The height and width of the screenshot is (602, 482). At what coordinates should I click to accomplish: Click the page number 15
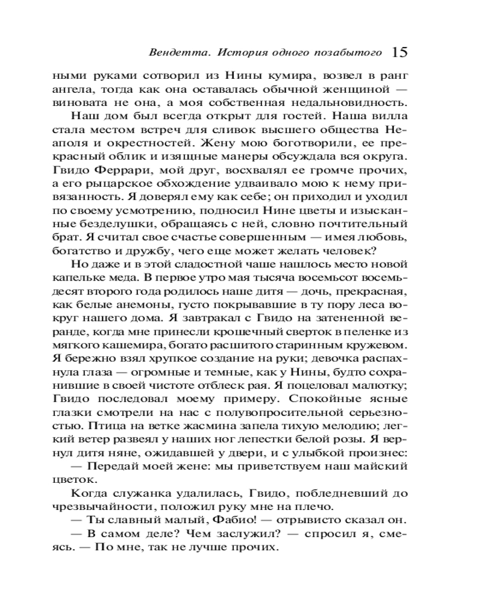(399, 52)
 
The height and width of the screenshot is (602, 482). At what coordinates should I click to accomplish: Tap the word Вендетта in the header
(171, 53)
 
